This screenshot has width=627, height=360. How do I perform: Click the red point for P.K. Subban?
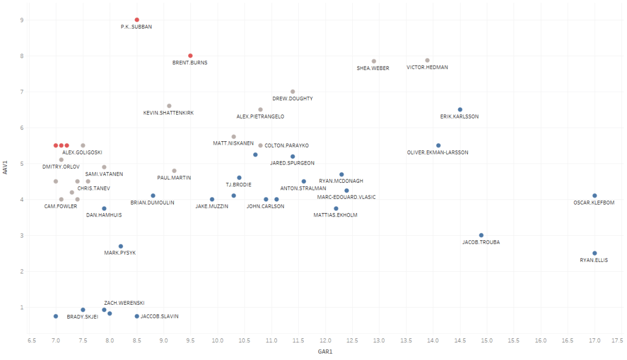[x=137, y=20]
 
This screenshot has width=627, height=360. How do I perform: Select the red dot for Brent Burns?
[x=190, y=56]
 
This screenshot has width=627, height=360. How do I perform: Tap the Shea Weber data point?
[x=374, y=61]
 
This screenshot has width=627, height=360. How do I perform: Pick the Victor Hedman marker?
[x=427, y=60]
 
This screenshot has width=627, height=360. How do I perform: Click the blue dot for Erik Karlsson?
[x=460, y=109]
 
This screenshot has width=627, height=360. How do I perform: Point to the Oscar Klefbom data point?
[x=595, y=195]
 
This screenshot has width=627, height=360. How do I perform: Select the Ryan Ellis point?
[x=595, y=253]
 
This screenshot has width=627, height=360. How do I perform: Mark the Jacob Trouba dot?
[x=481, y=235]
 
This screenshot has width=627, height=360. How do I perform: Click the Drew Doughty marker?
[x=293, y=92]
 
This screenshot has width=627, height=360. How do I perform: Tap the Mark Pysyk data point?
[x=121, y=246]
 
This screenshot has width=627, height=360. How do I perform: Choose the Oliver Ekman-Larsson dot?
[x=438, y=145]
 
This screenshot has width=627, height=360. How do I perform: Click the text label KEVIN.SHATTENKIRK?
[x=168, y=113]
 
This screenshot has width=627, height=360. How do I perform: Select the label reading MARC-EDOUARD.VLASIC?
[x=347, y=197]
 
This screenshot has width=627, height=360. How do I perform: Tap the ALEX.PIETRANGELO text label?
[x=260, y=116]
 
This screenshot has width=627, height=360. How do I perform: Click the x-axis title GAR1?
[x=325, y=351]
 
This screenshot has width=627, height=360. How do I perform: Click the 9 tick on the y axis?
[x=22, y=20]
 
